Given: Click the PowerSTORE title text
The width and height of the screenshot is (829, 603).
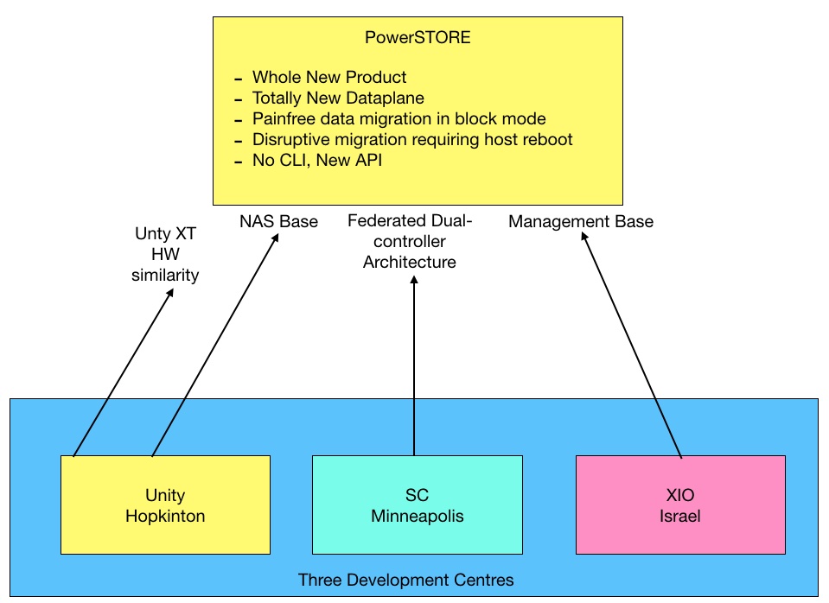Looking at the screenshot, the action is click(418, 37).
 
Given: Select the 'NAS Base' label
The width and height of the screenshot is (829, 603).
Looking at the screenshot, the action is click(278, 221).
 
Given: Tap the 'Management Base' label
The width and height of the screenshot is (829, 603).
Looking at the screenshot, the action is click(581, 221).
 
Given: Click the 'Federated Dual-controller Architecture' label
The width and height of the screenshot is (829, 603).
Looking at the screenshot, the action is click(410, 242).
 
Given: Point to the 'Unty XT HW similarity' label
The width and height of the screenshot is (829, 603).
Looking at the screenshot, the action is click(165, 254).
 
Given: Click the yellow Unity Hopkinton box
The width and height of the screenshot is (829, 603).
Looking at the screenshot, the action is click(165, 505).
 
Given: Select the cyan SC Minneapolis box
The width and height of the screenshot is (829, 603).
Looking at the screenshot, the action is click(418, 505).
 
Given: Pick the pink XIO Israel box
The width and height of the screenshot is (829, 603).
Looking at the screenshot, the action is click(680, 505).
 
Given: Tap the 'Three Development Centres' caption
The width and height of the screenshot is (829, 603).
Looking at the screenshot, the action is click(406, 581).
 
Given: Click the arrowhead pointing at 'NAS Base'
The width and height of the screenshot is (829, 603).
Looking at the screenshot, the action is click(276, 238).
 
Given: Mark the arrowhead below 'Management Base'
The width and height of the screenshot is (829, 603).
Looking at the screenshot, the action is click(584, 237).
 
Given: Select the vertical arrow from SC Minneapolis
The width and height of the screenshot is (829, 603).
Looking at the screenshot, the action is click(414, 365).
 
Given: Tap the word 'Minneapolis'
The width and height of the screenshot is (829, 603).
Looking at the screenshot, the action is click(418, 516).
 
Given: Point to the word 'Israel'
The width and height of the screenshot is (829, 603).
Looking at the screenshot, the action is click(680, 516).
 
